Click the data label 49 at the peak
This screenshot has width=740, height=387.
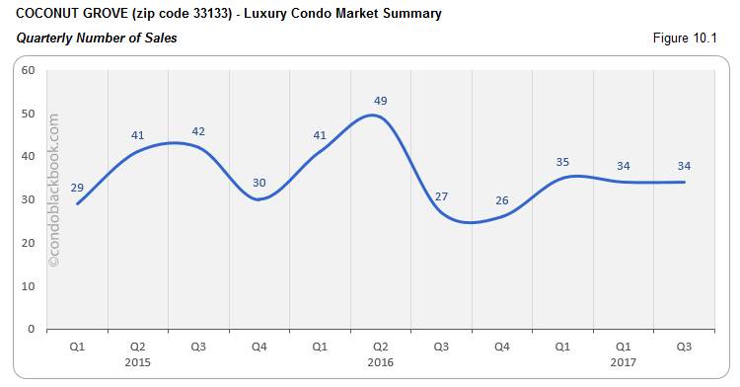(381, 101)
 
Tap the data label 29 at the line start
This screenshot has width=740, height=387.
(77, 187)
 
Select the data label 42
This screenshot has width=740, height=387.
(198, 131)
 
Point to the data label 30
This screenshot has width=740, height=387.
(259, 182)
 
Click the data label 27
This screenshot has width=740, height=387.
(441, 195)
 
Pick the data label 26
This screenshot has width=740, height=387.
(502, 200)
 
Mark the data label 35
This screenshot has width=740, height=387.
(563, 161)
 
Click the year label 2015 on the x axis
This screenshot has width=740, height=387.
(138, 361)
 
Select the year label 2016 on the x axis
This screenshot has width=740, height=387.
(381, 361)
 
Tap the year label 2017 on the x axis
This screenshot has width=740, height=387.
(624, 361)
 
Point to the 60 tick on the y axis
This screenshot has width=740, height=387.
(29, 70)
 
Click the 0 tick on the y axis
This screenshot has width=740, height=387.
(32, 329)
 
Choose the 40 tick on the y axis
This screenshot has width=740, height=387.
(29, 156)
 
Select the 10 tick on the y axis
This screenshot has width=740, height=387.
(29, 285)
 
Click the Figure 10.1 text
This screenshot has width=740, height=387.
(684, 39)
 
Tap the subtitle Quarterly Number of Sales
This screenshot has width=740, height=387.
(97, 39)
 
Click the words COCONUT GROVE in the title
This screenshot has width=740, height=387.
(66, 15)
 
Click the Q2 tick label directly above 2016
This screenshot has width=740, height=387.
(381, 347)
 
